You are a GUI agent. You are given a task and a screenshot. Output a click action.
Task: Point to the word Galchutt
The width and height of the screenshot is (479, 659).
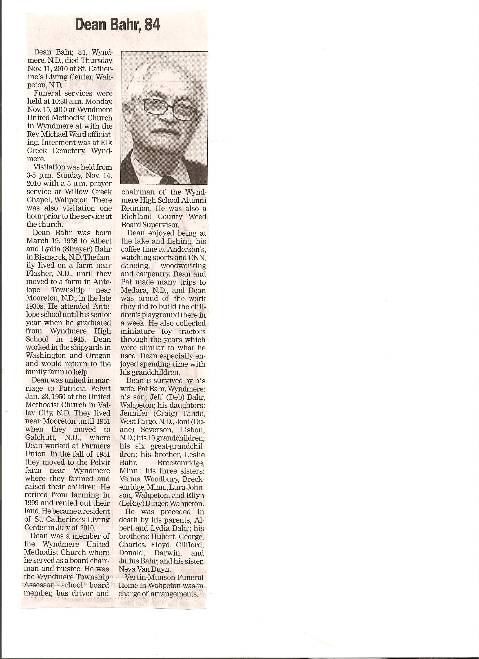tap(39, 437)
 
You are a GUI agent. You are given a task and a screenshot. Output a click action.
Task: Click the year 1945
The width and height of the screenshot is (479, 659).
tap(101, 339)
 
